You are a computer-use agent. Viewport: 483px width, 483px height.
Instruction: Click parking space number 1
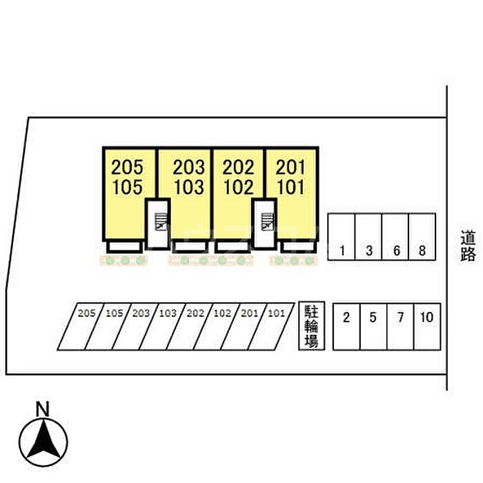[342, 237]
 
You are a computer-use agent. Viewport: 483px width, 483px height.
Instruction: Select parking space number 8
[422, 237]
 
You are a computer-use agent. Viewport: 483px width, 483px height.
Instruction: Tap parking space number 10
[427, 326]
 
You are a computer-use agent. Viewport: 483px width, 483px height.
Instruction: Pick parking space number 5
[373, 326]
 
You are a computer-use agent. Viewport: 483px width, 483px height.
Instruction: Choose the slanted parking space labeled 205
[81, 326]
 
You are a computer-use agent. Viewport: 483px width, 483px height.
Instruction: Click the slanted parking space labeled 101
[271, 326]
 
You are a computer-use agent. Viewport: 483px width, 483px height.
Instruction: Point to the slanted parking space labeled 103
[162, 326]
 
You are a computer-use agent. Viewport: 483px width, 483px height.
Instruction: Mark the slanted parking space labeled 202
[190, 326]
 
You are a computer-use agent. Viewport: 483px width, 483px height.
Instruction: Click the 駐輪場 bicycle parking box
[311, 326]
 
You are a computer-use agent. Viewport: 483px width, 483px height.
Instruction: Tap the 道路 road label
[468, 246]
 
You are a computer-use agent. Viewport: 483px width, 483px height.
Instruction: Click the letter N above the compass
[43, 409]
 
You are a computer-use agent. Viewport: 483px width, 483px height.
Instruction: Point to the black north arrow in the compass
[43, 438]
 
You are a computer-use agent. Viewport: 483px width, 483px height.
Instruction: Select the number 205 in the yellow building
[127, 167]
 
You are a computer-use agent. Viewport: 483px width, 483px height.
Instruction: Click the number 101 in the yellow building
[290, 187]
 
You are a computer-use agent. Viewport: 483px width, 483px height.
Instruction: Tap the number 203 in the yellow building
[188, 167]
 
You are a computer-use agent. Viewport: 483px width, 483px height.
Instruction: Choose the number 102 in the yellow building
[239, 187]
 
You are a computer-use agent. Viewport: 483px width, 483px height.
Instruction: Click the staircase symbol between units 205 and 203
[161, 221]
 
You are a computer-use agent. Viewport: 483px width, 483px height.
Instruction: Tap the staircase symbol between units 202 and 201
[267, 221]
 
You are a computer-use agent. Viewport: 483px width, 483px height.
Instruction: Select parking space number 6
[395, 237]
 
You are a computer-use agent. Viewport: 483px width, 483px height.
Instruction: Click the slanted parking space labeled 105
[108, 326]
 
